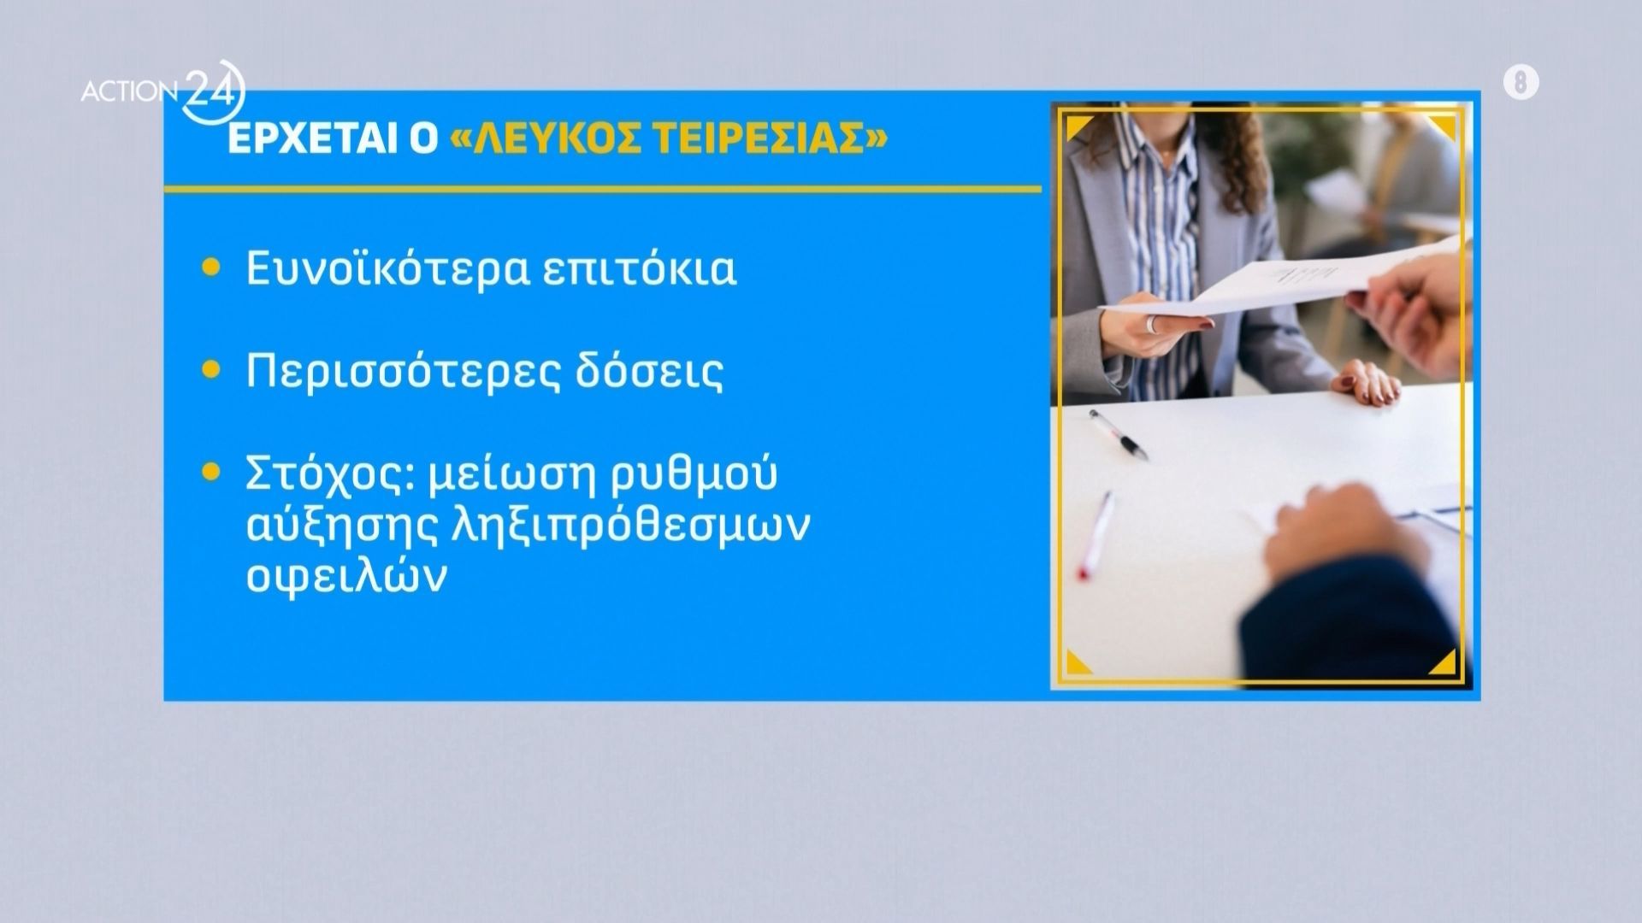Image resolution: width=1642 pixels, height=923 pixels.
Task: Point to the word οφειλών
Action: (346, 578)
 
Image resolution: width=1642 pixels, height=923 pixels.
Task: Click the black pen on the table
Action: (1119, 435)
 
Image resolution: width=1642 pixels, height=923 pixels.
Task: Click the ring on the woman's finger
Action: (1152, 324)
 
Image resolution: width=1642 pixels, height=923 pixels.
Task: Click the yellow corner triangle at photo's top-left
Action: (1076, 127)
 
